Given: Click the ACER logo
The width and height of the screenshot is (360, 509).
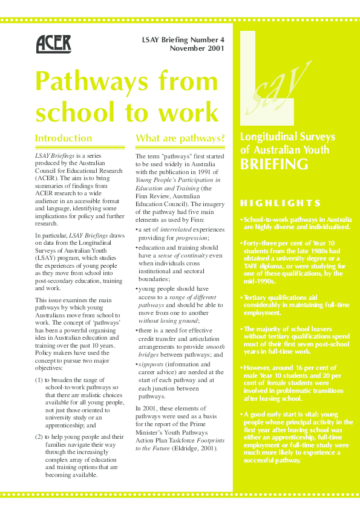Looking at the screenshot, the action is pos(54,44).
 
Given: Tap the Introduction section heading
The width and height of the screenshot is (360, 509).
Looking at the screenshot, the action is pos(64,138).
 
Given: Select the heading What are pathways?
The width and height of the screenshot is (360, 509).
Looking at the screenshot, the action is pos(180,138).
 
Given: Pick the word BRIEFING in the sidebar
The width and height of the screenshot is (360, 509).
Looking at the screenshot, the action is pos(274,164).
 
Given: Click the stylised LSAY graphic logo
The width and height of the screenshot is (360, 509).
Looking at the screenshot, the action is pos(275,79).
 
